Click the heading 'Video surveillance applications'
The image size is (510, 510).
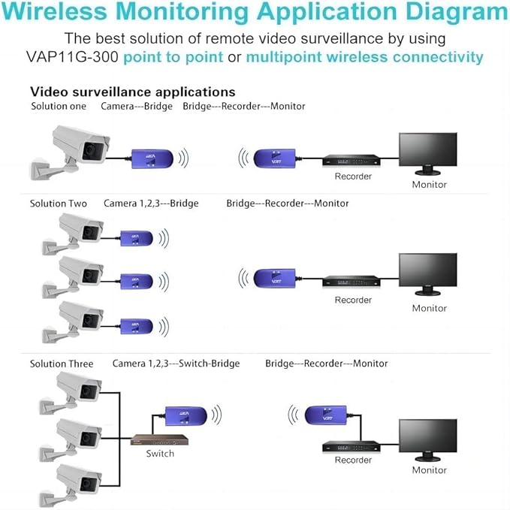[x=132, y=92]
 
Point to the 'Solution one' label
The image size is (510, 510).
[x=59, y=106]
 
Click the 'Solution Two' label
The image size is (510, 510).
[x=59, y=203]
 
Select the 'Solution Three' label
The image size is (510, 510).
[x=62, y=364]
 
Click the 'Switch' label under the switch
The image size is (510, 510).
[x=160, y=453]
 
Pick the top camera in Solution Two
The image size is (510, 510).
[x=80, y=230]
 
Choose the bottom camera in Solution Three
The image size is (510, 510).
[x=78, y=481]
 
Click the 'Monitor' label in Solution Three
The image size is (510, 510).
[x=429, y=470]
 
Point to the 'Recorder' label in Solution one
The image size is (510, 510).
[x=353, y=177]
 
